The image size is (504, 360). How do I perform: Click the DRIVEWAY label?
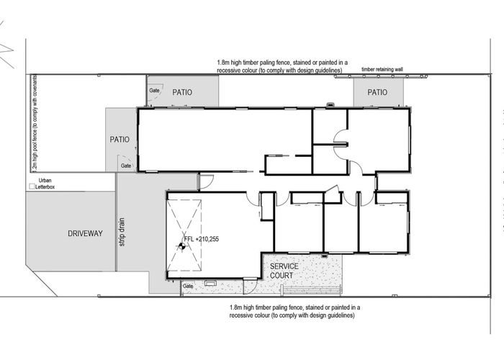point(86,233)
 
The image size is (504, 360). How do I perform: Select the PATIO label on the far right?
point(377,92)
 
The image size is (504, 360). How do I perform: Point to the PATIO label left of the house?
point(120,140)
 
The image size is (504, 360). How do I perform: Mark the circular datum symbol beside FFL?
point(181,246)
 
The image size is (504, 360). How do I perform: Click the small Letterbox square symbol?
point(31,186)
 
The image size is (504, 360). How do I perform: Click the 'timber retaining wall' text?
point(392,70)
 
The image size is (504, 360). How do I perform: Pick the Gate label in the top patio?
point(154,91)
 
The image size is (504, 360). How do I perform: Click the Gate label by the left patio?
point(126,166)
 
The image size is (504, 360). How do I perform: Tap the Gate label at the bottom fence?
point(188,287)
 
